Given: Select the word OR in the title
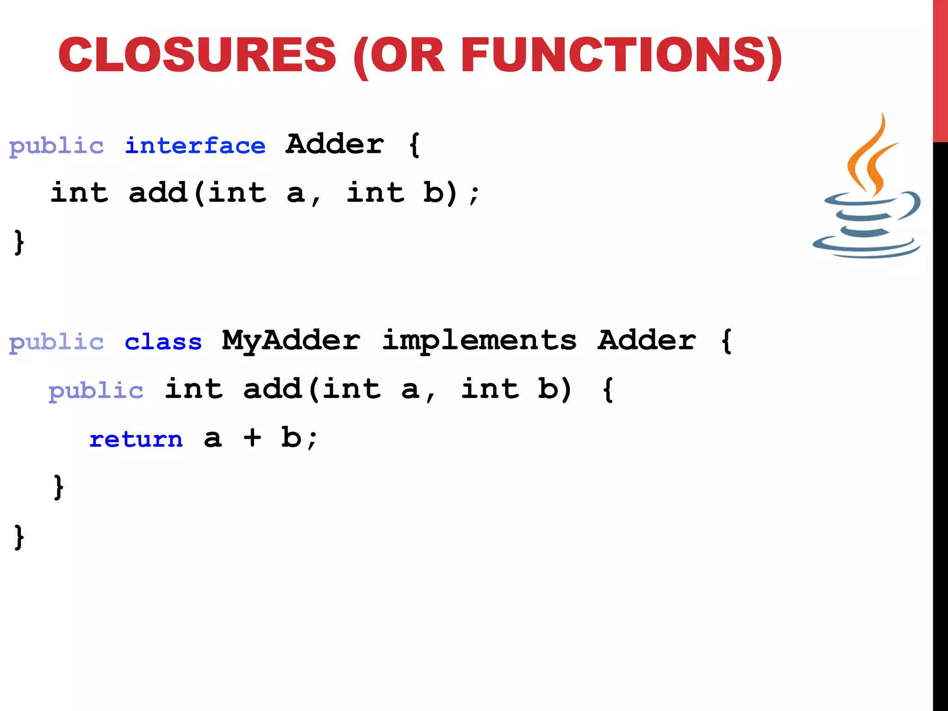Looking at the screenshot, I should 407,55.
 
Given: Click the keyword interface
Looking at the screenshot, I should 195,146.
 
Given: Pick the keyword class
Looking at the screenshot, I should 163,342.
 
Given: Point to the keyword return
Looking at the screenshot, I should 136,439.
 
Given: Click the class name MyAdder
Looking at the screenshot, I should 291,341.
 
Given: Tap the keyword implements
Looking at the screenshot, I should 479,341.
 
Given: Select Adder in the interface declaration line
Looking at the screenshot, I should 335,144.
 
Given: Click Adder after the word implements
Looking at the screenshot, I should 647,341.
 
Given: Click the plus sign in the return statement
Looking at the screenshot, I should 252,437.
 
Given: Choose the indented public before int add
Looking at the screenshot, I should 96,391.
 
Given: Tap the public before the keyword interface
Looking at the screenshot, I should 56,146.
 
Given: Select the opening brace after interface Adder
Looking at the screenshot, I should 414,145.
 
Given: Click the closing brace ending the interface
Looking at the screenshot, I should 19,242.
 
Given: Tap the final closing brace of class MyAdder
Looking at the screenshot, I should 19,537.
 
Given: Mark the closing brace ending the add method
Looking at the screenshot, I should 58,487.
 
